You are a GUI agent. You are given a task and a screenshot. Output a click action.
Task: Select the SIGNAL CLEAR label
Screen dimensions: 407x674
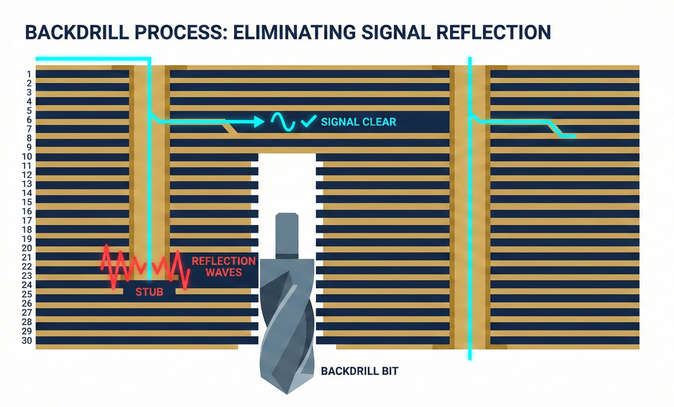coord(358,122)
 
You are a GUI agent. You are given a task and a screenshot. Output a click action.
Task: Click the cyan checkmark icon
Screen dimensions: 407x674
coord(308,121)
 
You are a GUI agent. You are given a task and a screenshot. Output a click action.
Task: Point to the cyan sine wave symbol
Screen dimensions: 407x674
coord(282,122)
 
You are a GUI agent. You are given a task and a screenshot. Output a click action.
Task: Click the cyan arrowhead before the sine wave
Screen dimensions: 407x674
coord(259,122)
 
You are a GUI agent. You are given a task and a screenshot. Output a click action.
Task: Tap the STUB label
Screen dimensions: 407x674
coord(149,291)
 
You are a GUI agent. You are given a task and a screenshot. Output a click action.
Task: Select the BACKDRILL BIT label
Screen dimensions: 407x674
coord(359,371)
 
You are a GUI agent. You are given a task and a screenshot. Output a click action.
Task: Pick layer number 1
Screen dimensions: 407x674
coord(29,74)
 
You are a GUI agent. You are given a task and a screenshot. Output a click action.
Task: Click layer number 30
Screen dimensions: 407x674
coord(27,341)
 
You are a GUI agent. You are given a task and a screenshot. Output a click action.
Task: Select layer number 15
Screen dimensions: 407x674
coord(27,202)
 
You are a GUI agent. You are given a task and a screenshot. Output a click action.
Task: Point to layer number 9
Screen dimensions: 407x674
coord(29,147)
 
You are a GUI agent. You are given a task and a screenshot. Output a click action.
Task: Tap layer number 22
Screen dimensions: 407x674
coord(27,266)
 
